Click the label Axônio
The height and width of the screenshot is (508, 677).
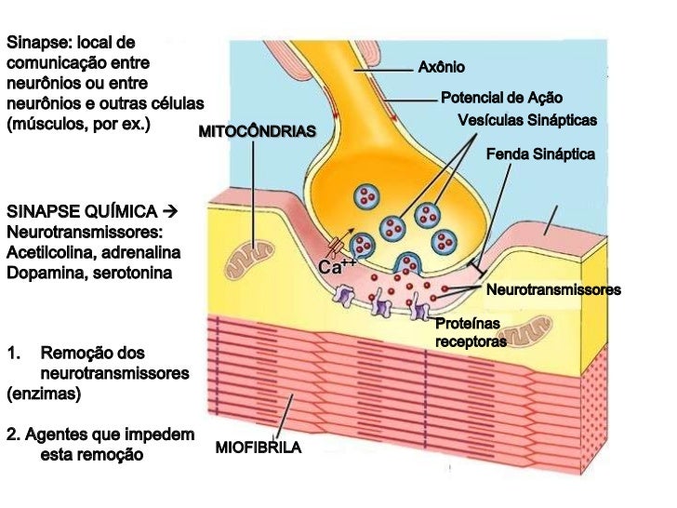pyautogui.click(x=442, y=68)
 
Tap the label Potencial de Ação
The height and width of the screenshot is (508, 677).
pyautogui.click(x=501, y=98)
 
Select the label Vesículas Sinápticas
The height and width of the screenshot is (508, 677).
pyautogui.click(x=527, y=121)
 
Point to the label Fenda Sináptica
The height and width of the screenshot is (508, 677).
pyautogui.click(x=540, y=154)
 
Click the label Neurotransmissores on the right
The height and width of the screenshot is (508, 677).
pyautogui.click(x=553, y=290)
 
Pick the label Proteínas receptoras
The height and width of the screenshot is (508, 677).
pyautogui.click(x=471, y=332)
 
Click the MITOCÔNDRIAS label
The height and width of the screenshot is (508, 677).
pyautogui.click(x=258, y=131)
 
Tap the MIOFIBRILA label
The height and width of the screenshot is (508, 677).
pyautogui.click(x=259, y=448)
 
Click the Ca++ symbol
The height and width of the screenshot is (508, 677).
pyautogui.click(x=337, y=268)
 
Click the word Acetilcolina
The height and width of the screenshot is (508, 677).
pyautogui.click(x=46, y=252)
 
